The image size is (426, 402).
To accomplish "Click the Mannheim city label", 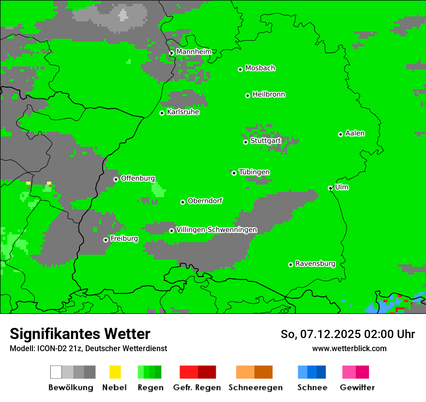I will (x=194, y=52).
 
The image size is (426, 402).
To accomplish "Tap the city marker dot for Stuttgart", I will (x=245, y=142).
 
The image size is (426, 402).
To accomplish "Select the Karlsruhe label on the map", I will (x=183, y=112).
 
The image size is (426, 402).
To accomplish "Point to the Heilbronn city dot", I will (x=247, y=95).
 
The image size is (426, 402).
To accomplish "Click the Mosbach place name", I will (x=260, y=68).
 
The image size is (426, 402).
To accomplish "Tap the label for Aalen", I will (x=355, y=133).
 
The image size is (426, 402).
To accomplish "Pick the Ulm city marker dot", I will (x=331, y=188).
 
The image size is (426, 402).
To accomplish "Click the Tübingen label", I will (x=254, y=172).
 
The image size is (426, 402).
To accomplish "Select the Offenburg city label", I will (x=138, y=178).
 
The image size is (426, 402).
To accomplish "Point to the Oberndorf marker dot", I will (x=183, y=202).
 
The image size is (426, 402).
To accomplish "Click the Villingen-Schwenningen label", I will (x=216, y=230).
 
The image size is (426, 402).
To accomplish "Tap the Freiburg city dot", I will (x=106, y=240).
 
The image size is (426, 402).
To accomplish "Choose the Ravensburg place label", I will (x=315, y=264).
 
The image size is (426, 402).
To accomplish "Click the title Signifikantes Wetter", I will (x=80, y=334).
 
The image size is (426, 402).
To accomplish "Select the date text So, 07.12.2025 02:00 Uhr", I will (x=348, y=334).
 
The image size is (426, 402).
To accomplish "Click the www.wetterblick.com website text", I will (x=349, y=348).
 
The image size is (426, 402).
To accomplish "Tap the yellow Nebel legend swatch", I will (x=115, y=372).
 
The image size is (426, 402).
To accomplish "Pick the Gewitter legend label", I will (x=357, y=387).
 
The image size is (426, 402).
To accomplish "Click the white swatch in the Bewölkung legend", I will (x=56, y=372).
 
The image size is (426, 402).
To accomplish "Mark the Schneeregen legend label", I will (x=256, y=387).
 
